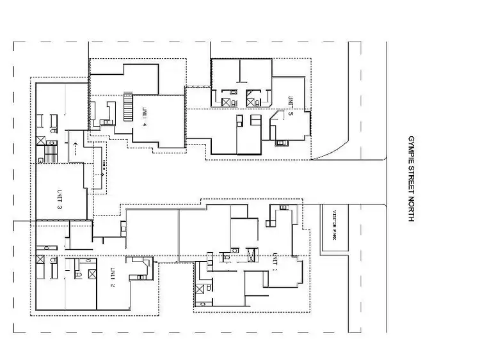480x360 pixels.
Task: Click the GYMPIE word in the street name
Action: pyautogui.click(x=412, y=146)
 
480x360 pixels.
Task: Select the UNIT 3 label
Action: pyautogui.click(x=60, y=199)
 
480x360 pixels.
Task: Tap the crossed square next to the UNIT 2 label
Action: pyautogui.click(x=92, y=275)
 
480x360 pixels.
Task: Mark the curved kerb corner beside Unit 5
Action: pyautogui.click(x=328, y=152)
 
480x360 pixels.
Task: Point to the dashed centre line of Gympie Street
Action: pyautogui.click(x=387, y=192)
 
